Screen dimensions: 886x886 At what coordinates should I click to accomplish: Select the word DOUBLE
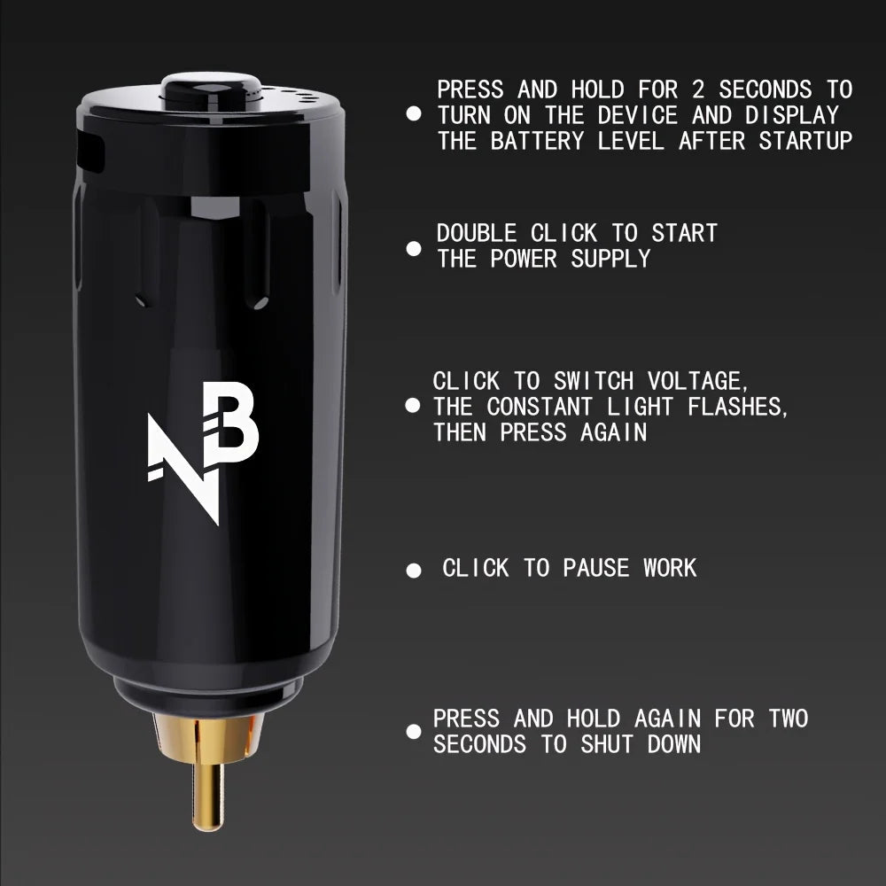tap(476, 233)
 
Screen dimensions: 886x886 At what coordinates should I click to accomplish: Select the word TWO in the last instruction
tap(788, 719)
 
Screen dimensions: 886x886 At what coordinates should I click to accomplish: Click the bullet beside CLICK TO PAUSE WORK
tap(413, 571)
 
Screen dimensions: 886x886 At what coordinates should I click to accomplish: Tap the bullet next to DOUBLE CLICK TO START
tap(413, 248)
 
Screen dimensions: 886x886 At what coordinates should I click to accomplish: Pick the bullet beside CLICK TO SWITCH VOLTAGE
tap(413, 406)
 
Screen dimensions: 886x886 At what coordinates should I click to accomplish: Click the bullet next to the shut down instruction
tap(413, 732)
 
